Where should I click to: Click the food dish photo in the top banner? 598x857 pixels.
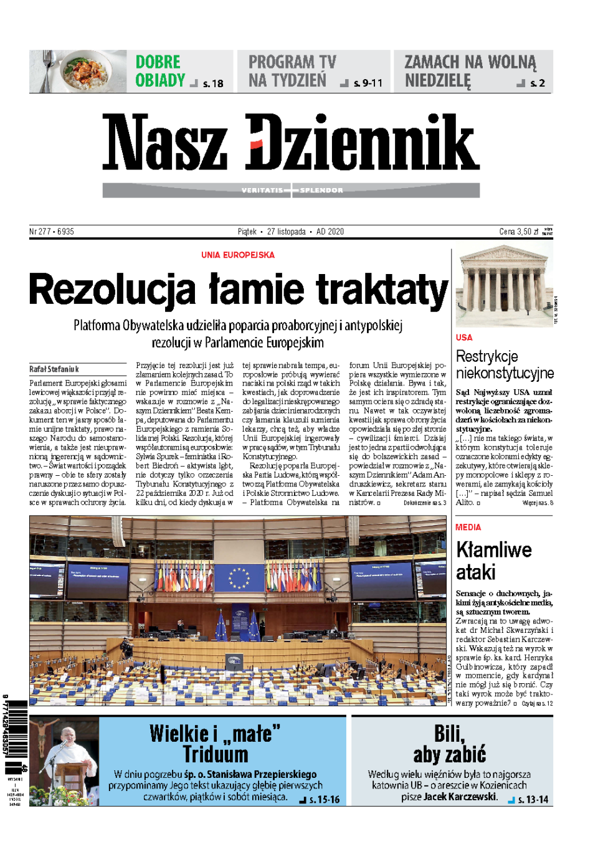(x=78, y=71)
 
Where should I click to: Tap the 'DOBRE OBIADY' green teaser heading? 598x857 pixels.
(x=160, y=71)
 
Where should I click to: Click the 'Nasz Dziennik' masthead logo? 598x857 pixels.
(x=291, y=143)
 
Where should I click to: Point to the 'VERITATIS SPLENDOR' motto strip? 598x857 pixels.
(x=292, y=190)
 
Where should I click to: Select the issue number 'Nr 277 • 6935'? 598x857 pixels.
(x=52, y=232)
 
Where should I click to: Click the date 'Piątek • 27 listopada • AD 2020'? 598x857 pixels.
(x=290, y=232)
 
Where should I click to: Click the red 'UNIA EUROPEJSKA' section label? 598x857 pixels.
(x=238, y=255)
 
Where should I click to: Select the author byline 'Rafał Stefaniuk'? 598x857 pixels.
(x=54, y=369)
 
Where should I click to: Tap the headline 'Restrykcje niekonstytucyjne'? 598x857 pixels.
(x=505, y=364)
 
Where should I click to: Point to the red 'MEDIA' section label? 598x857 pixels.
(x=468, y=527)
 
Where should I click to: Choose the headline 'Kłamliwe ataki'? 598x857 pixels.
(x=493, y=561)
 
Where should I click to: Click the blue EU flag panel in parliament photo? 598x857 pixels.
(x=239, y=577)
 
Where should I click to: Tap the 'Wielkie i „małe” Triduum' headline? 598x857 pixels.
(x=216, y=744)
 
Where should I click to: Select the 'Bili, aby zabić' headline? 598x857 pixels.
(x=449, y=744)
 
